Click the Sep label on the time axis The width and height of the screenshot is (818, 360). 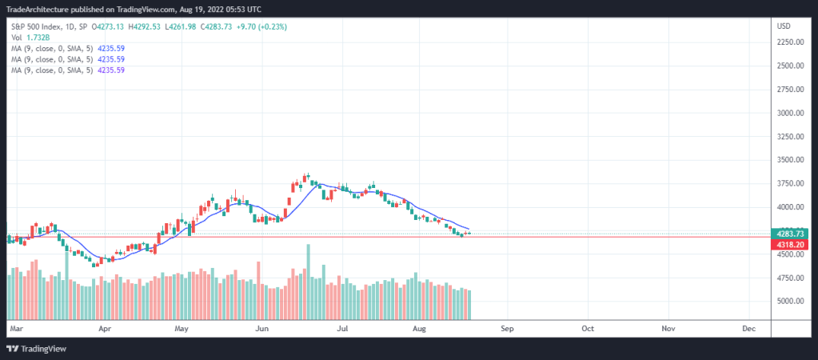click(x=505, y=328)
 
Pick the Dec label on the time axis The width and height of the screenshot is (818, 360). click(x=749, y=328)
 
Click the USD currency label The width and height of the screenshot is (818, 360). click(x=784, y=26)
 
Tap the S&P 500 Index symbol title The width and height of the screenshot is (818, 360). click(x=38, y=26)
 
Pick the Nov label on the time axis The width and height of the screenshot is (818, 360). click(x=668, y=328)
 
